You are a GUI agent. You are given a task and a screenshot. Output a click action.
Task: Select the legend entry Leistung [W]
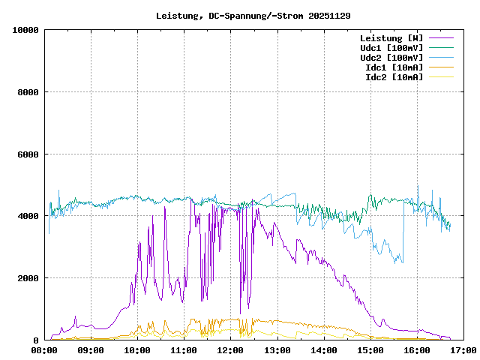pyautogui.click(x=391, y=38)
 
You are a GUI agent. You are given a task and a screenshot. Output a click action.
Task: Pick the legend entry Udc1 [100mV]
pyautogui.click(x=391, y=48)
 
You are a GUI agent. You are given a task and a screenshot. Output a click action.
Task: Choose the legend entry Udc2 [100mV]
pyautogui.click(x=391, y=58)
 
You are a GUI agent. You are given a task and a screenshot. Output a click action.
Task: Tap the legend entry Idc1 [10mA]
pyautogui.click(x=394, y=67)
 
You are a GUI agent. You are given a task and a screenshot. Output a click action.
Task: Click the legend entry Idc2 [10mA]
pyautogui.click(x=394, y=77)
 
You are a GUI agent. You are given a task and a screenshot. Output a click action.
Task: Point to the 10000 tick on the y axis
pyautogui.click(x=26, y=30)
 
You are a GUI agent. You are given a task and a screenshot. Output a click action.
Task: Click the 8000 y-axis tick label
pyautogui.click(x=28, y=92)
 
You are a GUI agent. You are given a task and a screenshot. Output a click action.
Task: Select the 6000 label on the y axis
pyautogui.click(x=28, y=154)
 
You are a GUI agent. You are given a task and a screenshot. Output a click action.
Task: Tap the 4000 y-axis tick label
pyautogui.click(x=28, y=216)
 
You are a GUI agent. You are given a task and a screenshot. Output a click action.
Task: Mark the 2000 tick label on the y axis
pyautogui.click(x=28, y=278)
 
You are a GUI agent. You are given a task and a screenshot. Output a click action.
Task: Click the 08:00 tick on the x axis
pyautogui.click(x=44, y=350)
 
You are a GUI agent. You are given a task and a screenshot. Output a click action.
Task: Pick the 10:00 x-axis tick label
pyautogui.click(x=137, y=350)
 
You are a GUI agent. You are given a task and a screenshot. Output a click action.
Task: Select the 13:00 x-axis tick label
pyautogui.click(x=277, y=350)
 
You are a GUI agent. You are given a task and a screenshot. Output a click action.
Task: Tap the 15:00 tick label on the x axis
pyautogui.click(x=370, y=350)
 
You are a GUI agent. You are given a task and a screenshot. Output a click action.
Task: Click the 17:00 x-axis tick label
pyautogui.click(x=463, y=350)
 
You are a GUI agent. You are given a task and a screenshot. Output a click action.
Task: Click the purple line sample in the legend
pyautogui.click(x=441, y=38)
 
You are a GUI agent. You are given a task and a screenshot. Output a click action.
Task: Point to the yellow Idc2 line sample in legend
pyautogui.click(x=441, y=77)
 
